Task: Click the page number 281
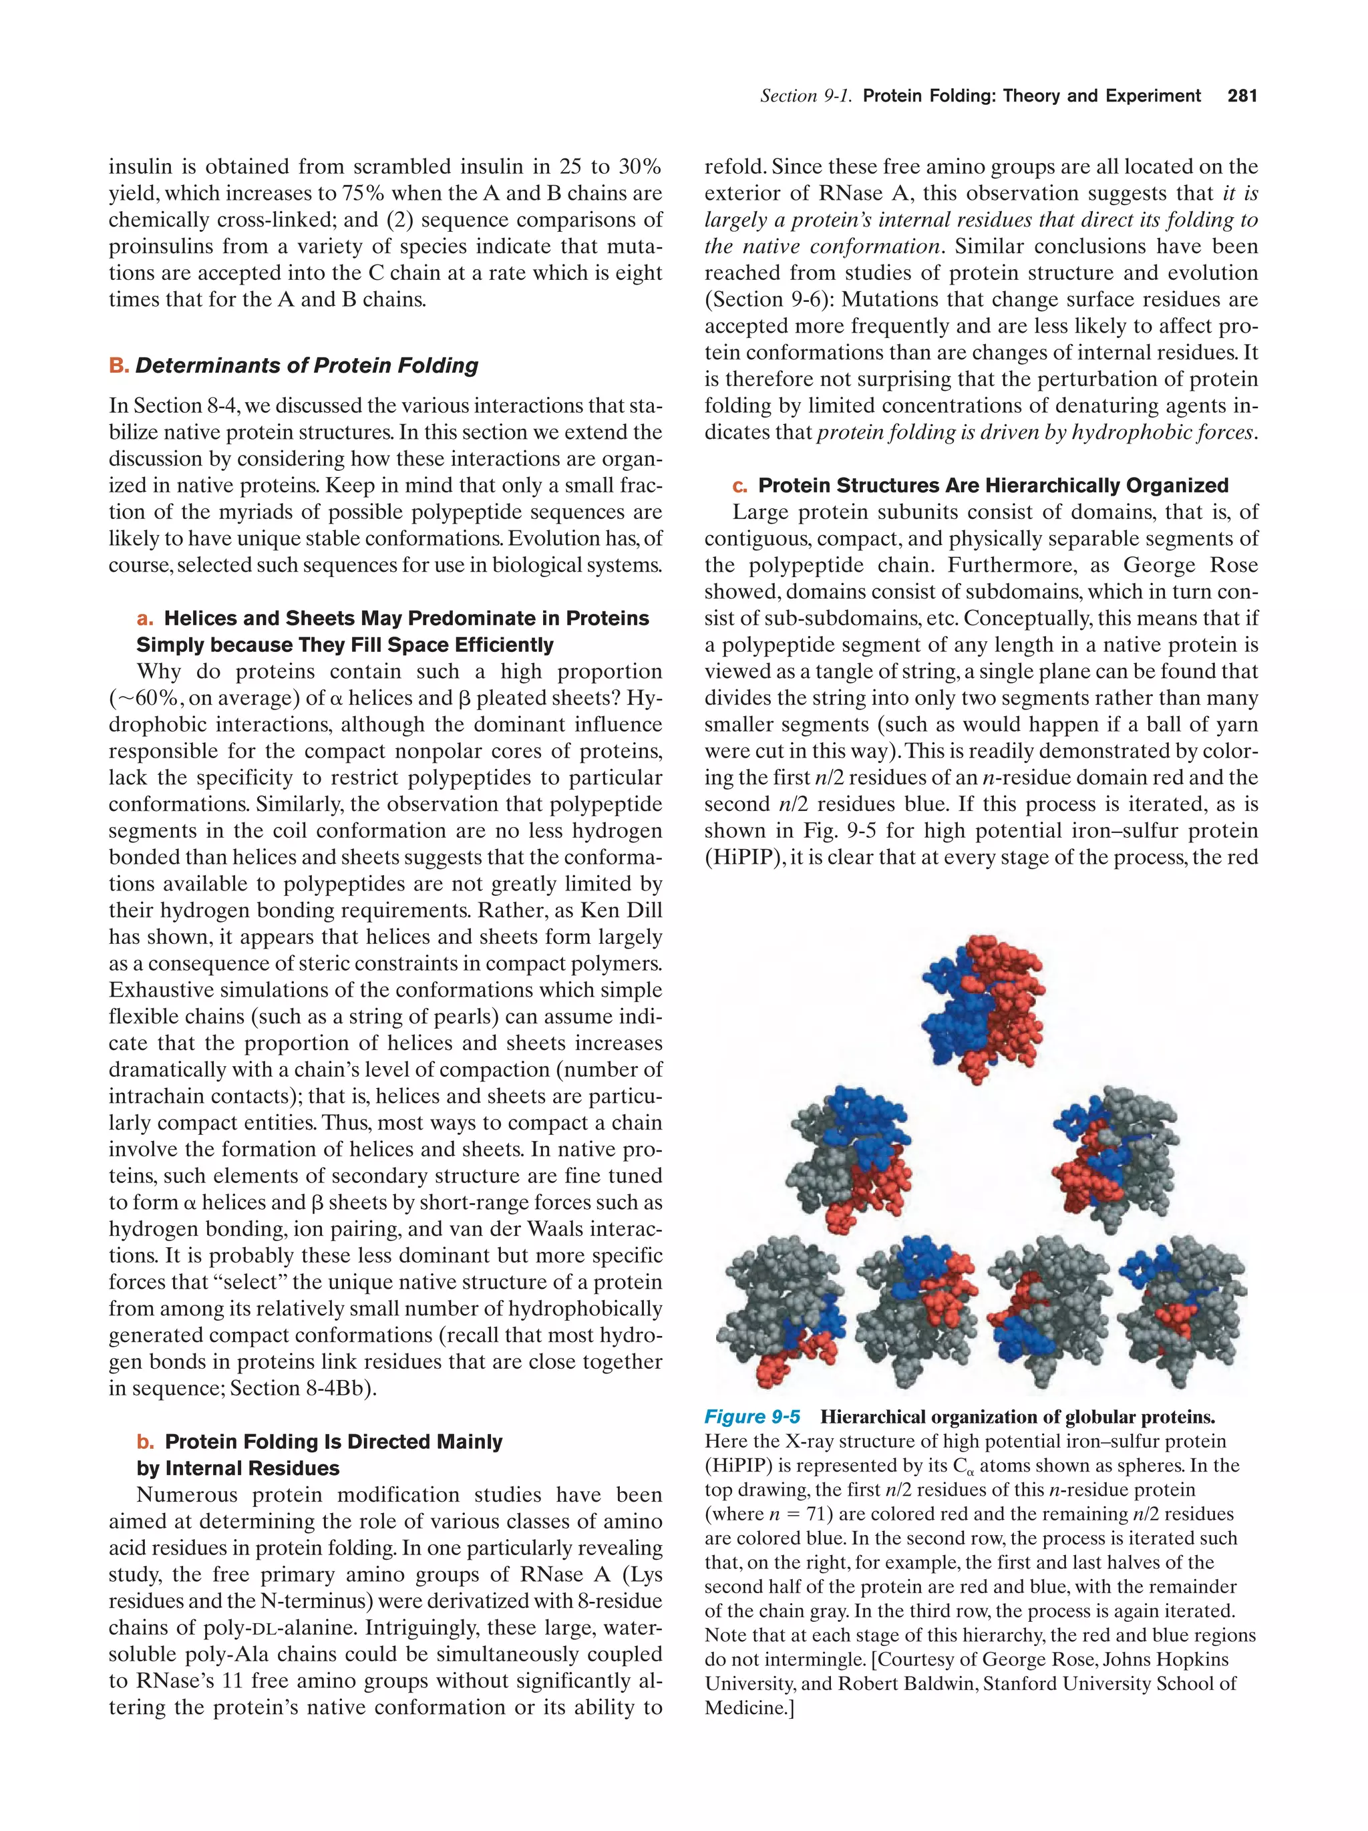point(1241,96)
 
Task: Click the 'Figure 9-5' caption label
point(751,1417)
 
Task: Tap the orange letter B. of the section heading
point(118,366)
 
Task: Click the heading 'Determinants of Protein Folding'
point(307,366)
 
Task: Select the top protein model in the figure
point(983,1007)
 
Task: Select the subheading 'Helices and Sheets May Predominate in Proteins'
point(406,619)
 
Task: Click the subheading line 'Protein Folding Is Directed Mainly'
point(333,1442)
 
